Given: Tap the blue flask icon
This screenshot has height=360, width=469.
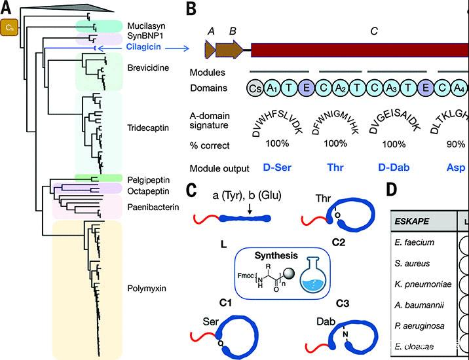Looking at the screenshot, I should tap(313, 274).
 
